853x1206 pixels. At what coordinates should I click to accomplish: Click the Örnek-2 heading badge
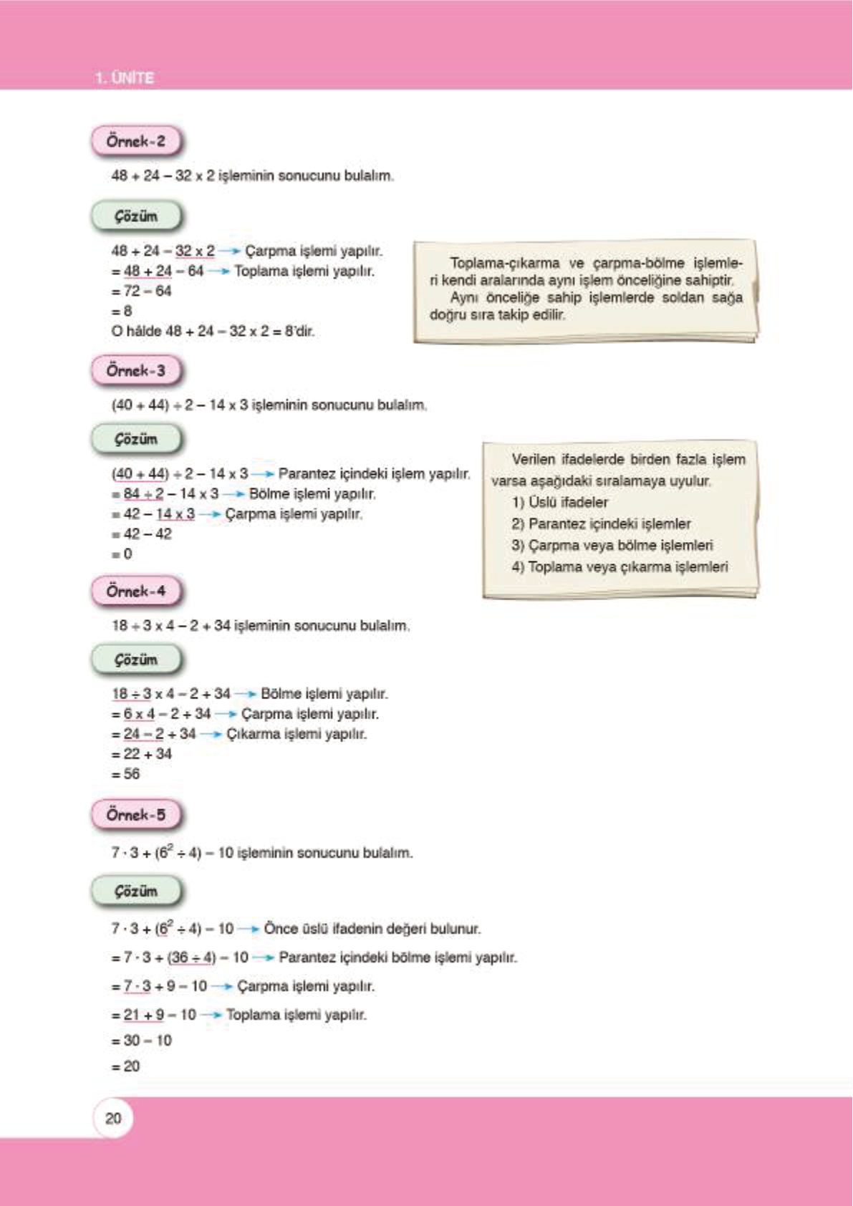pyautogui.click(x=136, y=141)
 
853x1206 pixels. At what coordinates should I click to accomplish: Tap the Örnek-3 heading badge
pyautogui.click(x=136, y=370)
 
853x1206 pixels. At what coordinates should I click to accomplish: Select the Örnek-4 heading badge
pyautogui.click(x=136, y=591)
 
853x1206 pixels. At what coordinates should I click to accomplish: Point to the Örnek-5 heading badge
pyautogui.click(x=136, y=814)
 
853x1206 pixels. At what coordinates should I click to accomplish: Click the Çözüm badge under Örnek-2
pyautogui.click(x=136, y=216)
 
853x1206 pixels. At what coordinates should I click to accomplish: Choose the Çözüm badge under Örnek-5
pyautogui.click(x=136, y=892)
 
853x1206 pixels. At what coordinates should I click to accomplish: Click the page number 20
pyautogui.click(x=113, y=1118)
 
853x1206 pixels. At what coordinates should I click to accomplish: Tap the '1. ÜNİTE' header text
pyautogui.click(x=125, y=77)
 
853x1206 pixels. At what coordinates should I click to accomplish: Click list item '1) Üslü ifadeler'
pyautogui.click(x=559, y=502)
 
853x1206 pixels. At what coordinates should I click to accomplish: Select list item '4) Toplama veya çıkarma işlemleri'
pyautogui.click(x=620, y=566)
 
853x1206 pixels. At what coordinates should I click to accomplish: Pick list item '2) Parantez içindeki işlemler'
pyautogui.click(x=601, y=524)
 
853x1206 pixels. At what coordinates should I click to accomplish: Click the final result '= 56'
pyautogui.click(x=126, y=773)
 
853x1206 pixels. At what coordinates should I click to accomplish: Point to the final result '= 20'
pyautogui.click(x=126, y=1066)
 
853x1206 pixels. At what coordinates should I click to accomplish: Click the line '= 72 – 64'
pyautogui.click(x=142, y=291)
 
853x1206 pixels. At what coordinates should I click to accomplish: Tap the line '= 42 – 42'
pyautogui.click(x=142, y=534)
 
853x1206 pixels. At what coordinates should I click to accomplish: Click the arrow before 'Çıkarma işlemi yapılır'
pyautogui.click(x=211, y=734)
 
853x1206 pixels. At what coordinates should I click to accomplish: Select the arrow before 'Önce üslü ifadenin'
pyautogui.click(x=249, y=929)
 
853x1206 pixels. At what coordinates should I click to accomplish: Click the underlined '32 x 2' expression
pyautogui.click(x=195, y=251)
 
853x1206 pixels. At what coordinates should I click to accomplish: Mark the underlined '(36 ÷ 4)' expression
pyautogui.click(x=191, y=957)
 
